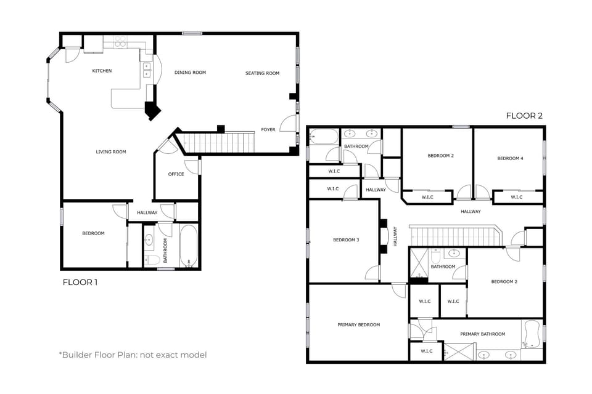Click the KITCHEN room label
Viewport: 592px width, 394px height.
click(x=102, y=71)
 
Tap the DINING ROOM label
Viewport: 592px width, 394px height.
click(x=190, y=73)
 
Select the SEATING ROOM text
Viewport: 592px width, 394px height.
click(x=262, y=73)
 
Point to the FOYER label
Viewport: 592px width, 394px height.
click(x=268, y=130)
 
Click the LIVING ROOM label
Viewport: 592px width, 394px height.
click(x=111, y=152)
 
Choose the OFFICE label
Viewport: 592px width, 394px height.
click(x=176, y=174)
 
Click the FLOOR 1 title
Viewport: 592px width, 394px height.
click(x=80, y=283)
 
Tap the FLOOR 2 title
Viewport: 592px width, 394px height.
click(x=524, y=116)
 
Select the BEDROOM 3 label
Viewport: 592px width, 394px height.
click(x=346, y=240)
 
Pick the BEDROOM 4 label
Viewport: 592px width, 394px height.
click(x=510, y=159)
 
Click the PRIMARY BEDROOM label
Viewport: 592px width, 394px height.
click(x=358, y=325)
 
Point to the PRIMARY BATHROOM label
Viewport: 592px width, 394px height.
click(x=482, y=334)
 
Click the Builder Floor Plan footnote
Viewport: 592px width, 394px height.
click(x=133, y=355)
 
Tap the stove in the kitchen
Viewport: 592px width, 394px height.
click(x=120, y=42)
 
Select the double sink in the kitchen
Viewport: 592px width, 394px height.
click(x=147, y=70)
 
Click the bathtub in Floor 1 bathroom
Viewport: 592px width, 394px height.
click(x=188, y=246)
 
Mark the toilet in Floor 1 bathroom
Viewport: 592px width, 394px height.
click(x=150, y=260)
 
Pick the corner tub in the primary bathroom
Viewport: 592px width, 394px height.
click(x=531, y=334)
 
